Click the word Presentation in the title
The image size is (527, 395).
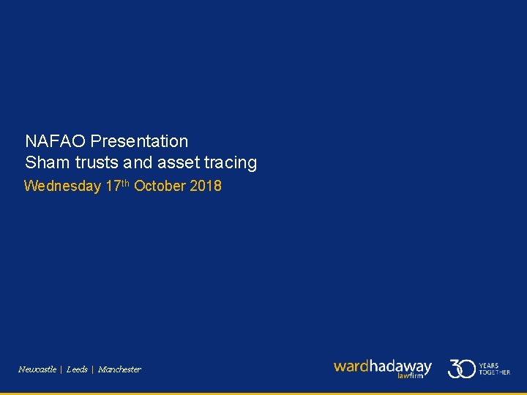pyautogui.click(x=139, y=141)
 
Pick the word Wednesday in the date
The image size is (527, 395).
pyautogui.click(x=62, y=187)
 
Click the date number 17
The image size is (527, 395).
pyautogui.click(x=113, y=187)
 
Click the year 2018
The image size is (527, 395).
pyautogui.click(x=206, y=187)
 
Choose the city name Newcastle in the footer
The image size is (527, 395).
pyautogui.click(x=37, y=369)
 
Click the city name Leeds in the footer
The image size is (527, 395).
pyautogui.click(x=77, y=369)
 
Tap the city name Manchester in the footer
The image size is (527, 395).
pyautogui.click(x=119, y=369)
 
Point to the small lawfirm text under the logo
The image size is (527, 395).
pyautogui.click(x=410, y=375)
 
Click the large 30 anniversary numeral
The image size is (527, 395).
pyautogui.click(x=461, y=368)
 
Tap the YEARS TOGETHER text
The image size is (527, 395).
pyautogui.click(x=494, y=369)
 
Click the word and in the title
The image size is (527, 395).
pyautogui.click(x=141, y=163)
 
